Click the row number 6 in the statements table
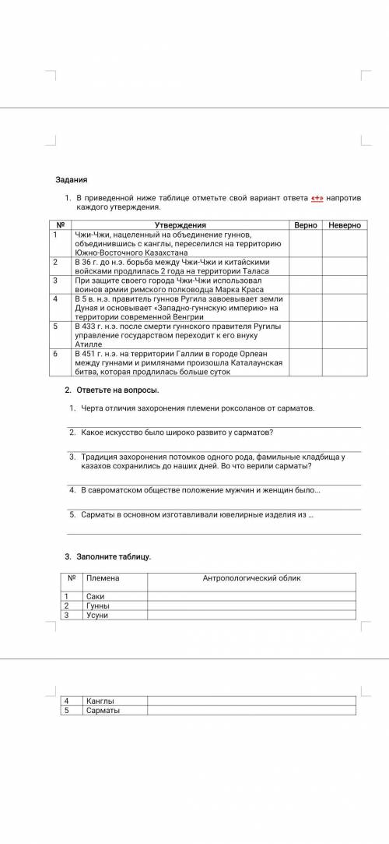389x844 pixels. coord(55,353)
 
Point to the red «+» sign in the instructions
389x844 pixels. coord(317,199)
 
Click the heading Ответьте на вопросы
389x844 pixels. coord(116,390)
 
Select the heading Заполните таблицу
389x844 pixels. coord(113,556)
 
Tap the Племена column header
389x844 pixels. coord(103,578)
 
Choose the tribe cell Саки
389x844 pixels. coord(96,596)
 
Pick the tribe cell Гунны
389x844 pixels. coord(98,606)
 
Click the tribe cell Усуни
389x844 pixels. coord(97,615)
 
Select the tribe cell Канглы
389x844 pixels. coord(100,701)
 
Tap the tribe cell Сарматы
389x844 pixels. coord(103,710)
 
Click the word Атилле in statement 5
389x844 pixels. coord(89,344)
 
